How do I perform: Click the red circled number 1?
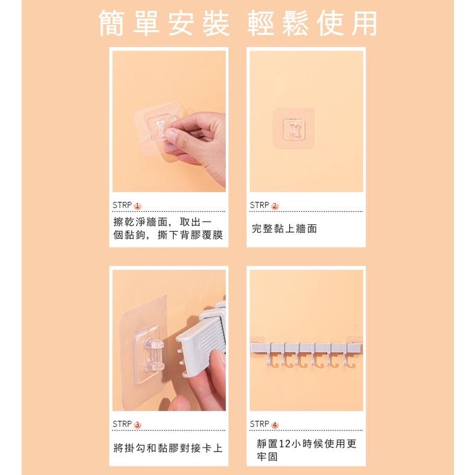click(x=137, y=206)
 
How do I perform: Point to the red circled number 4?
click(x=275, y=425)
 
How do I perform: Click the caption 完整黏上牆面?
click(x=284, y=228)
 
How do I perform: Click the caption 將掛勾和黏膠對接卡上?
click(x=168, y=448)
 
